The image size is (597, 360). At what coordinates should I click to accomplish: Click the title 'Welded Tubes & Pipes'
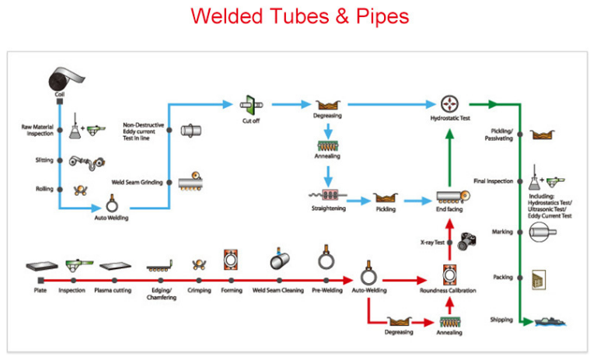pos(299,16)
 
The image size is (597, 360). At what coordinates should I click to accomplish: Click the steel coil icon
pos(60,80)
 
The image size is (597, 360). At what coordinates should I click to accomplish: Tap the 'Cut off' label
pos(250,121)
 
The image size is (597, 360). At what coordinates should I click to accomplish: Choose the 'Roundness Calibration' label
pos(448,291)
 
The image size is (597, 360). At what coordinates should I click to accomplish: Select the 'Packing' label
pos(503,277)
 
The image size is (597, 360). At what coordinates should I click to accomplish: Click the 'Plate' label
pos(40,291)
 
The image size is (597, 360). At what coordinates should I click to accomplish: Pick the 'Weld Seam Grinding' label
pos(142,182)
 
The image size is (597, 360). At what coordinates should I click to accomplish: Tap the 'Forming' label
pos(231,291)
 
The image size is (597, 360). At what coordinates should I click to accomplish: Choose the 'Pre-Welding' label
pos(326,291)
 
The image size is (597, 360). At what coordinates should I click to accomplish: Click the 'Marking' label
pos(502,232)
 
